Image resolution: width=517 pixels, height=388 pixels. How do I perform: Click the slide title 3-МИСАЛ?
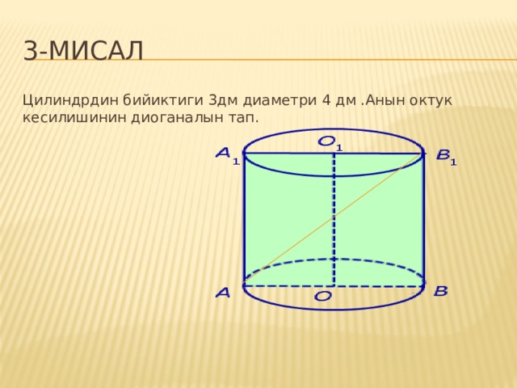tap(83, 51)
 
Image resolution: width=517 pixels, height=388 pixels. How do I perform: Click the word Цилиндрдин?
tap(70, 101)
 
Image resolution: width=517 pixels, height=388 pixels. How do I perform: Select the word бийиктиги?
tap(163, 100)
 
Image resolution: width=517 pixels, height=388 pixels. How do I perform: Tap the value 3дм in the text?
tap(223, 100)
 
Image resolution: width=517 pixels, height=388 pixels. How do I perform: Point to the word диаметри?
tap(280, 100)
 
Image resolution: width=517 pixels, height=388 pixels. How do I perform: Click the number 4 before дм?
tap(326, 100)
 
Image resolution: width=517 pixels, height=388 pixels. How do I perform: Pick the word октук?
tap(431, 100)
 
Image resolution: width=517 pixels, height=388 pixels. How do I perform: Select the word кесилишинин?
tap(74, 118)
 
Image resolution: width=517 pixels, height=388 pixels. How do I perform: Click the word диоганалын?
tap(178, 118)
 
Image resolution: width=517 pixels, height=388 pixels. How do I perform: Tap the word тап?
tap(243, 118)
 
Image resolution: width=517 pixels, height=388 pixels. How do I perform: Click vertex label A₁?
tap(228, 156)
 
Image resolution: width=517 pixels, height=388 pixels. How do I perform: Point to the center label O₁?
tap(330, 144)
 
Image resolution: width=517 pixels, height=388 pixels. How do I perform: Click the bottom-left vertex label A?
tap(223, 293)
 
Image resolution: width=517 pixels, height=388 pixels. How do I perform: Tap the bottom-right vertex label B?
tap(441, 291)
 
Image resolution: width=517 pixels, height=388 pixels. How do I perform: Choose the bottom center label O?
tap(323, 297)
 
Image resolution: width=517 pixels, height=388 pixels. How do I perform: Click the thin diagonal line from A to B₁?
tap(333, 219)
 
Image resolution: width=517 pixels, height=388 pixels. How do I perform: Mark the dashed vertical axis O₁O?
tap(334, 219)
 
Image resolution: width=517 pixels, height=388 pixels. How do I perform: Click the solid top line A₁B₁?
tap(334, 154)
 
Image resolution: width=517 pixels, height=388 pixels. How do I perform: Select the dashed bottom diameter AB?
tap(334, 285)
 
